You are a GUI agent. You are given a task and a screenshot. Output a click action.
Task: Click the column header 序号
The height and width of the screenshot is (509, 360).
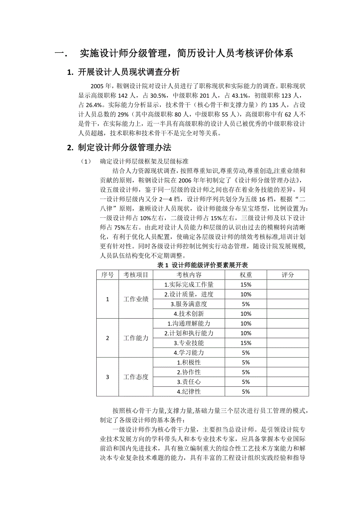[x=108, y=275]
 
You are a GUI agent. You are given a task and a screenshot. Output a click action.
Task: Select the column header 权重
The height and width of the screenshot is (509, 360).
[x=246, y=275]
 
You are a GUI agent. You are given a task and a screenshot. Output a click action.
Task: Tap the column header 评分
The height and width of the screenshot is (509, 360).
[x=288, y=275]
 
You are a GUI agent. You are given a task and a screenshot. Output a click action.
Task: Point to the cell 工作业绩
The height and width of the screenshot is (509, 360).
[x=136, y=299]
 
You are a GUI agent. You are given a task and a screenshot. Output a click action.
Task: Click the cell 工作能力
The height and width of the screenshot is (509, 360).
[x=136, y=338]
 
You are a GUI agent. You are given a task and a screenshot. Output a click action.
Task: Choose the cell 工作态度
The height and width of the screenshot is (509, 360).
[x=136, y=377]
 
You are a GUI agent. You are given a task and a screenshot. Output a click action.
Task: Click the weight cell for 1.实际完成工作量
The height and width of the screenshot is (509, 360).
[x=246, y=285]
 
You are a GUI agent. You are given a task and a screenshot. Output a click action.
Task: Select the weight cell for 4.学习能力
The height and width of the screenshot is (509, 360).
[x=246, y=352]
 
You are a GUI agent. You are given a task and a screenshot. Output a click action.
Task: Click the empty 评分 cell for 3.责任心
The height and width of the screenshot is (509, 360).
[x=288, y=382]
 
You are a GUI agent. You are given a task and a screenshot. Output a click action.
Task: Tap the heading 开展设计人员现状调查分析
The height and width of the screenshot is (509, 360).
[x=129, y=72]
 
